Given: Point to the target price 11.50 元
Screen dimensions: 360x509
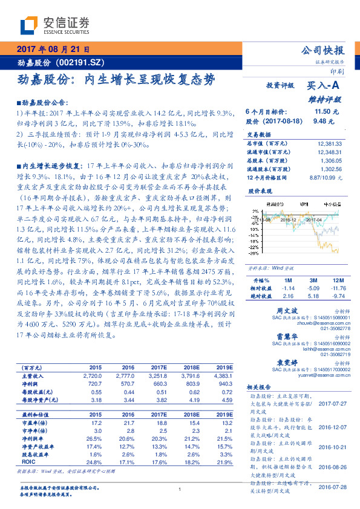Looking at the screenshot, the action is (x=327, y=112).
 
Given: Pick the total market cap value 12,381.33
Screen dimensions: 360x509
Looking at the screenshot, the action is (x=329, y=144).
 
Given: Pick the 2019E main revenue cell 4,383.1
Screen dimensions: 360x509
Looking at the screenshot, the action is (x=220, y=375).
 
